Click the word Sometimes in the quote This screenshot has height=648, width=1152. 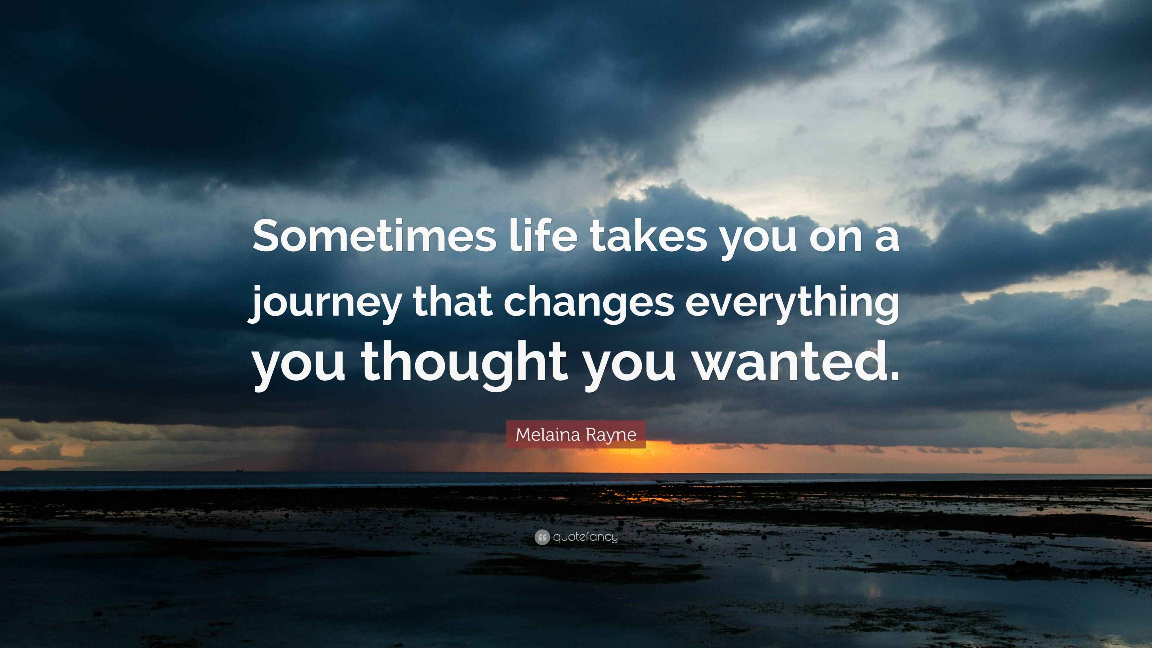[375, 237]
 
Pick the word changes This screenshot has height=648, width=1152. [589, 304]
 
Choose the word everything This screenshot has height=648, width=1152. [792, 304]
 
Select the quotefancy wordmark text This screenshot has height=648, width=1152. [585, 537]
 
